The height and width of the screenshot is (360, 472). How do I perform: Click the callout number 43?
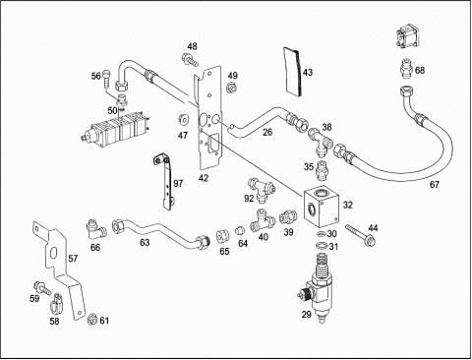pos(308,72)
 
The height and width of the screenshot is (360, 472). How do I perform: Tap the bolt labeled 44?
pos(361,235)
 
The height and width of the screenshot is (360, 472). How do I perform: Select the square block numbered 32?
pos(321,208)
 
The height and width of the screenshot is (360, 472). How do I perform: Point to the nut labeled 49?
pos(232,88)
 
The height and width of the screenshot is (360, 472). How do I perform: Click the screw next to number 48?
pos(190,60)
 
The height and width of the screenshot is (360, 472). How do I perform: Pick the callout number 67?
pos(435,185)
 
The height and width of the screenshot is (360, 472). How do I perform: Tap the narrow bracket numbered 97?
pos(166,183)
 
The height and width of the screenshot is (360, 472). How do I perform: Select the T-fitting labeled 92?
pos(262,189)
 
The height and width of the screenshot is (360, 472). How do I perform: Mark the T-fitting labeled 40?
pos(263,220)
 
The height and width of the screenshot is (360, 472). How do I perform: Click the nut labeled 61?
pos(92,319)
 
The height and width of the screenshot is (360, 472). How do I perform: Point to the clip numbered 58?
pos(57,303)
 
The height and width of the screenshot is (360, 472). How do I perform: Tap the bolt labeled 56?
pos(106,79)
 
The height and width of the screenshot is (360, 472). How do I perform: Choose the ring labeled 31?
pos(322,246)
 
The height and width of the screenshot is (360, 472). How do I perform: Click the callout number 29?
pos(307,315)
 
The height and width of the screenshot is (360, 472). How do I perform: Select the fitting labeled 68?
pos(407,69)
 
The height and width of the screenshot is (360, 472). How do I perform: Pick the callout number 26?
pos(267,132)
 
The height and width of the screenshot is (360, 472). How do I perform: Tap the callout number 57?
pos(73,259)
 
